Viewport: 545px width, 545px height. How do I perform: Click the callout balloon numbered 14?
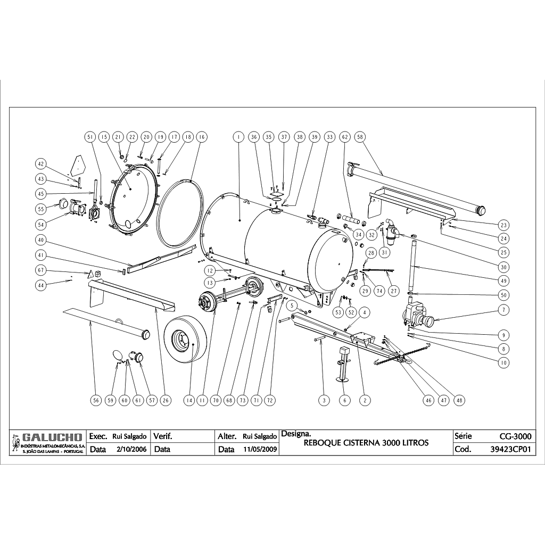[188, 401]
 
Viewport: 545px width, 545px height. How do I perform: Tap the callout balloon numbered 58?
[360, 137]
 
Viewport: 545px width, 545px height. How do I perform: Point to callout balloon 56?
[96, 401]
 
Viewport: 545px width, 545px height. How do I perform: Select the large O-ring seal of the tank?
[181, 213]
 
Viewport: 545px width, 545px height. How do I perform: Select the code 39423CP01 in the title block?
[510, 449]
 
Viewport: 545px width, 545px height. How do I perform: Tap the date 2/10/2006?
[131, 449]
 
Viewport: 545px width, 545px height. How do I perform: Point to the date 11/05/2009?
[260, 449]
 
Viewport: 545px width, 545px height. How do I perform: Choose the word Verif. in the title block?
[162, 436]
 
